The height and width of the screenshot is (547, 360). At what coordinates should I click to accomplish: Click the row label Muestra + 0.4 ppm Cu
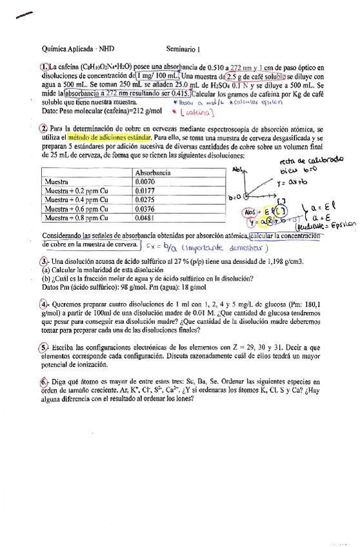pyautogui.click(x=74, y=199)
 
